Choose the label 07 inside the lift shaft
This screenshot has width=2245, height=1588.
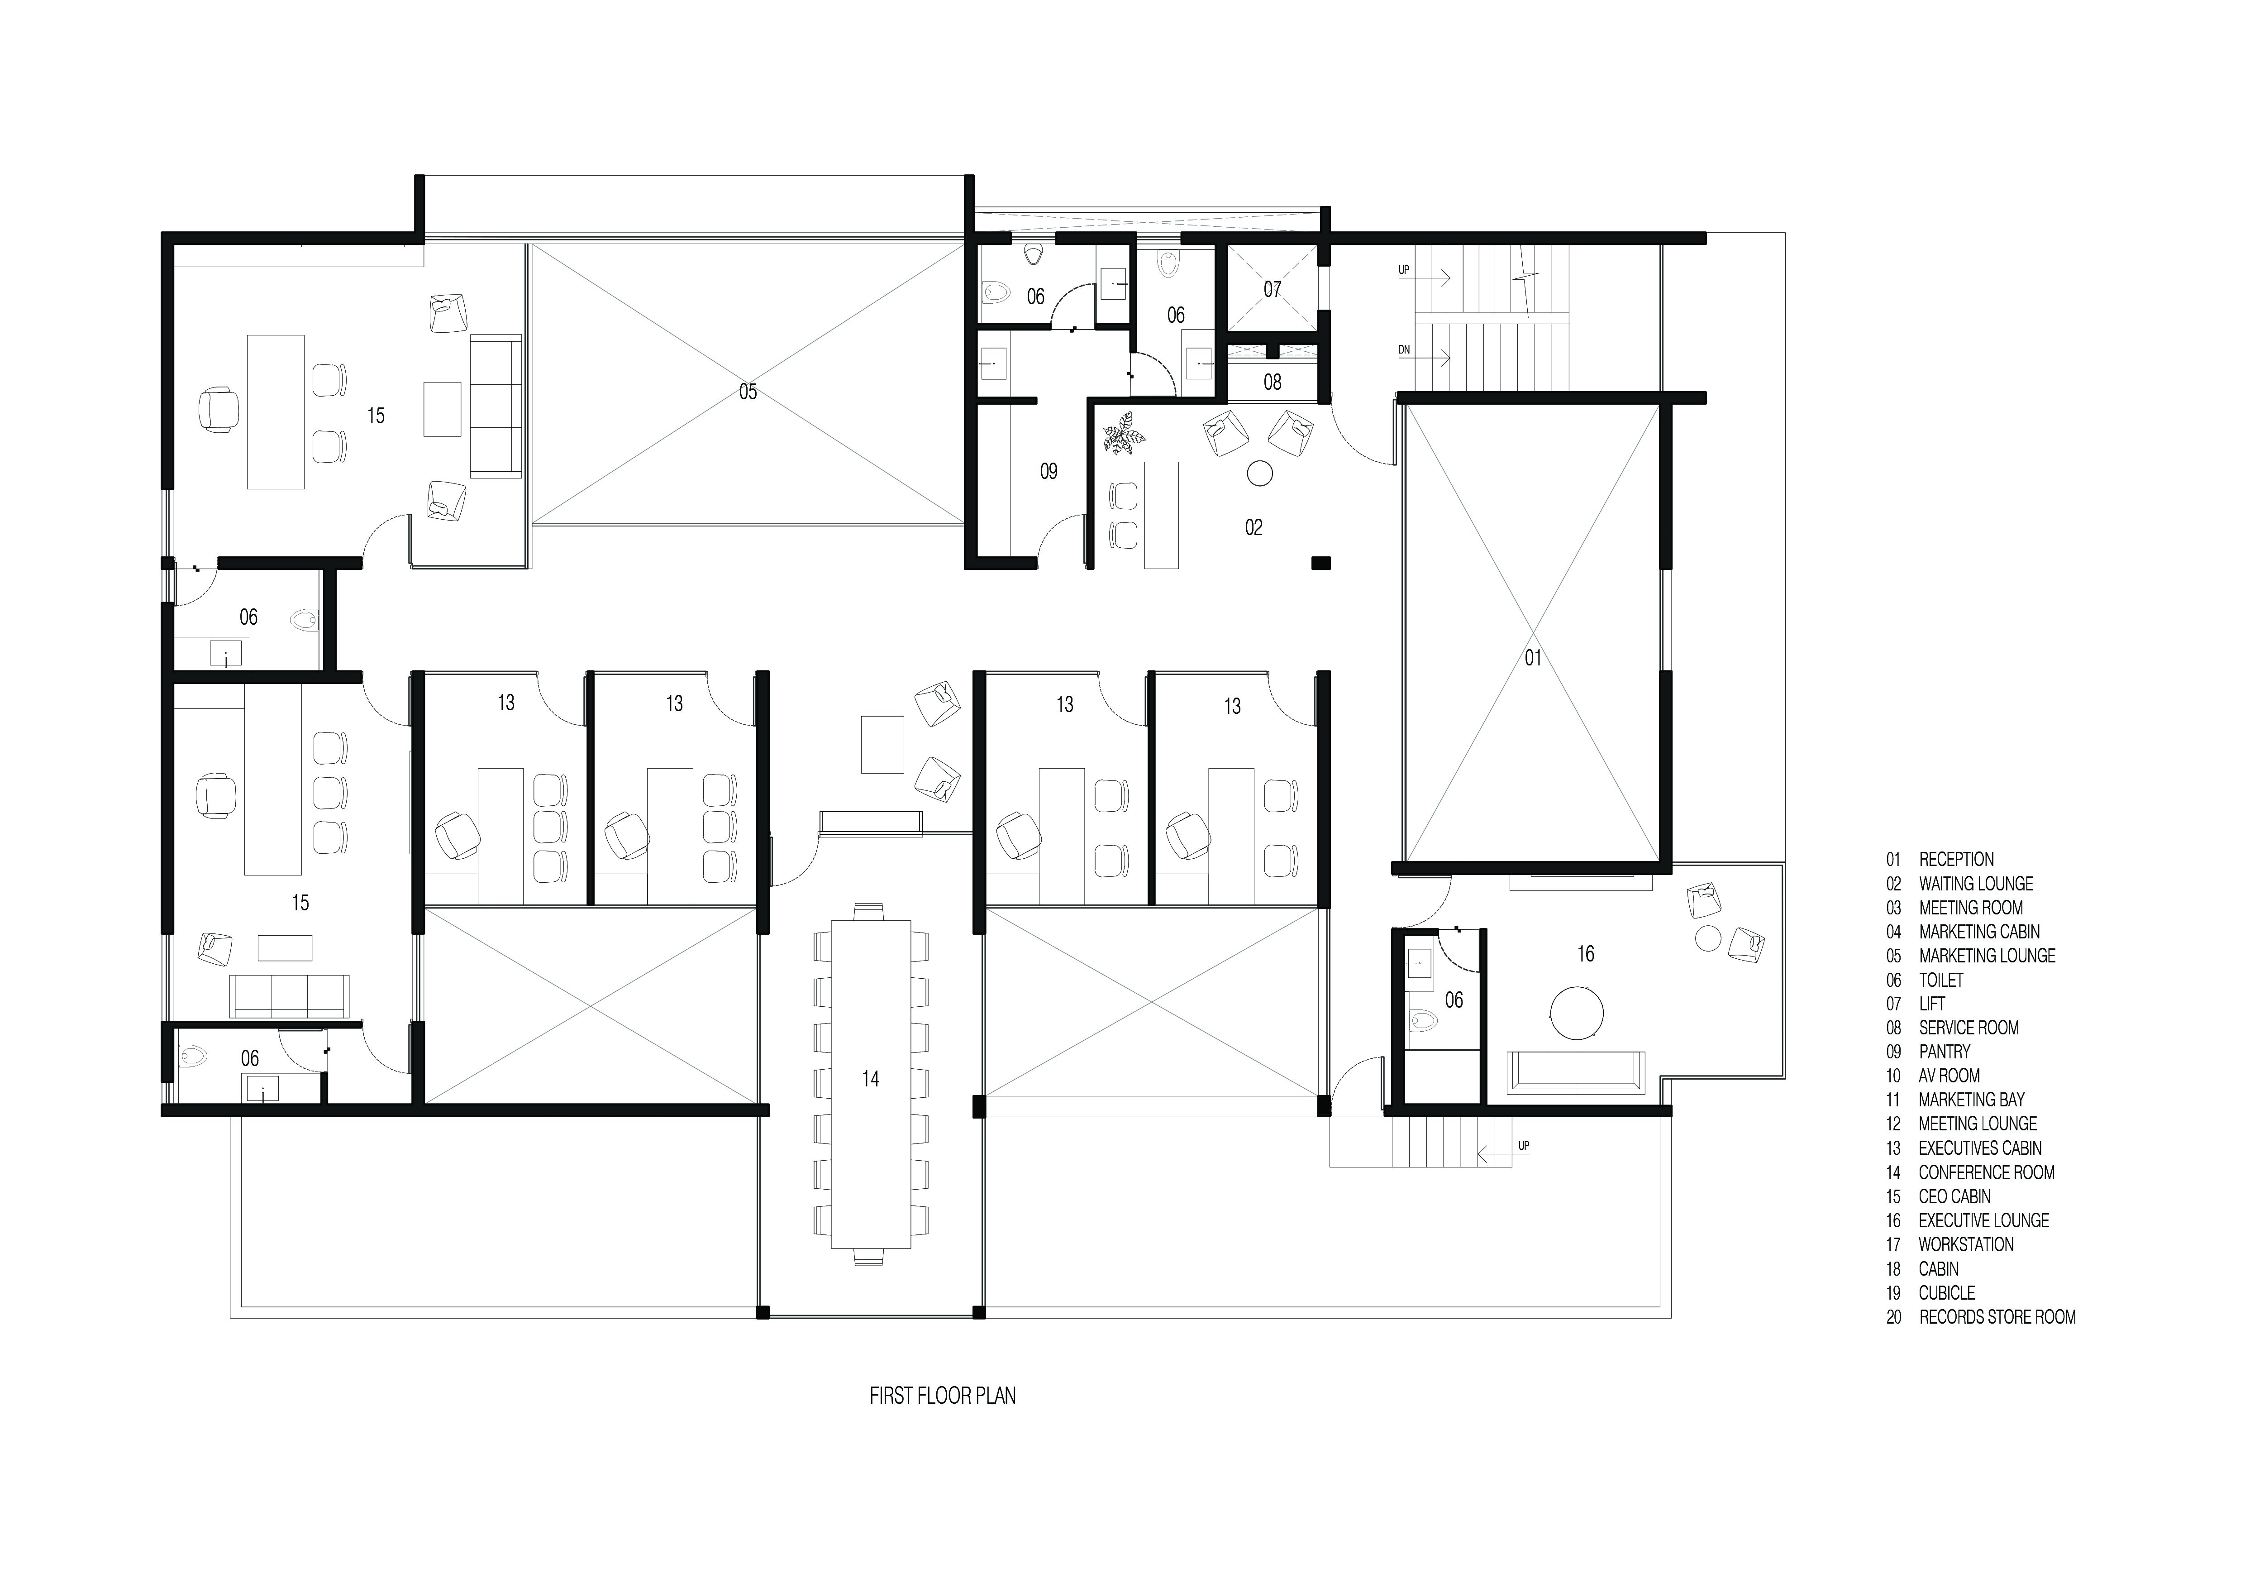(1271, 289)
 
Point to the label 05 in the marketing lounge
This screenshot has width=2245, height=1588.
(748, 392)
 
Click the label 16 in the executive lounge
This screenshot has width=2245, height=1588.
(1585, 953)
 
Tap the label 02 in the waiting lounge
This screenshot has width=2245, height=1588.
(1254, 528)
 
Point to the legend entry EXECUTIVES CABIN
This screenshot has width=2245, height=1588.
(1979, 1148)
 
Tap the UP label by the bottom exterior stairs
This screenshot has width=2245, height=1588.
(1523, 1145)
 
